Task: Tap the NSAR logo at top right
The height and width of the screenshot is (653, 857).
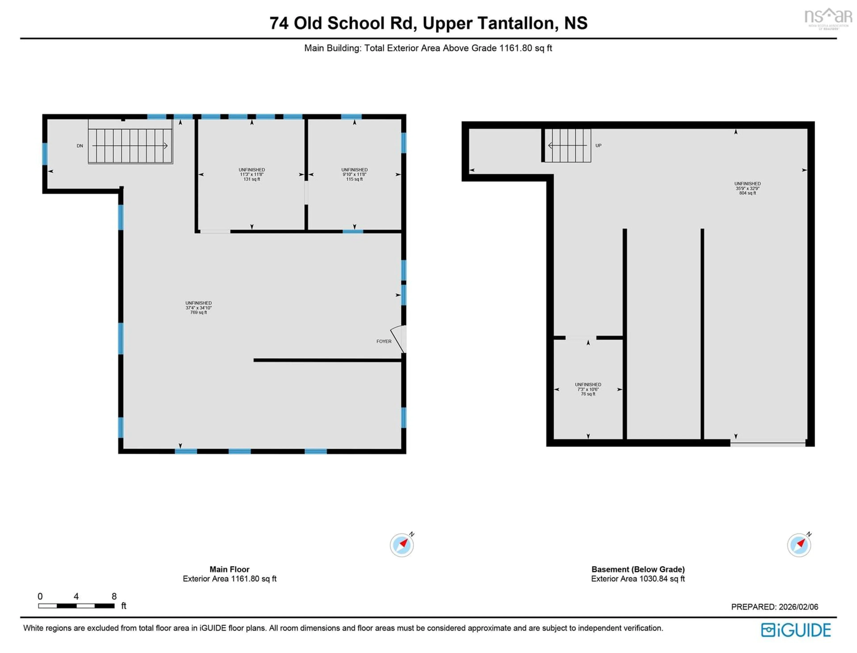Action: tap(828, 18)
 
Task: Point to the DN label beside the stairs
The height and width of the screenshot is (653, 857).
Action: tap(80, 146)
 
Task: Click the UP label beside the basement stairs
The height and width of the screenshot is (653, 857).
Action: tap(598, 145)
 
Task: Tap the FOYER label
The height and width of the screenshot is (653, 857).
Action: tap(384, 341)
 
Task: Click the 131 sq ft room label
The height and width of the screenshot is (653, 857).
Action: tap(252, 175)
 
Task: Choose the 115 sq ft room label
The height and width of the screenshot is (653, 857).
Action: tap(354, 175)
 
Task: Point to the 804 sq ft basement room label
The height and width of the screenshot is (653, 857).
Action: tap(747, 188)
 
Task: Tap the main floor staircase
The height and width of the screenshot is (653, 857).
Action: tap(130, 146)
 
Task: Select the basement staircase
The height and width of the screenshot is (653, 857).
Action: tap(568, 145)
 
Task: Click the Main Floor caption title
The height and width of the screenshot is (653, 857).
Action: tap(229, 569)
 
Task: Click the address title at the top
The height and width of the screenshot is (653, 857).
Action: tap(428, 23)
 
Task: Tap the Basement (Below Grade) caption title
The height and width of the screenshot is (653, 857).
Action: tap(638, 569)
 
